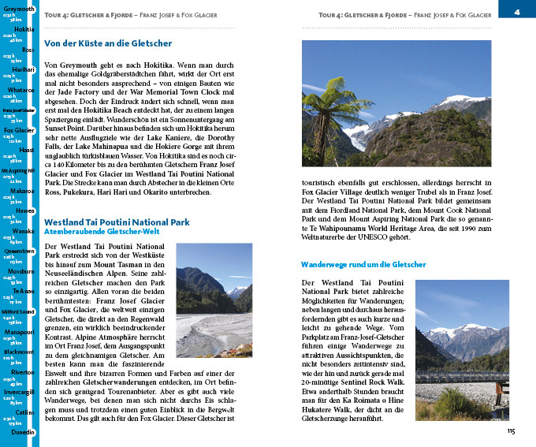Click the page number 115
point(511,431)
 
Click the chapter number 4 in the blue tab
point(516,11)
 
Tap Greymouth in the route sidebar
point(19,9)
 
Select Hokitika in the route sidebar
point(24,29)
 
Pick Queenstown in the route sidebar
point(19,251)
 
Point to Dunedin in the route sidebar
point(20,433)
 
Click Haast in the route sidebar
point(24,150)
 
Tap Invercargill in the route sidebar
point(19,392)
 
